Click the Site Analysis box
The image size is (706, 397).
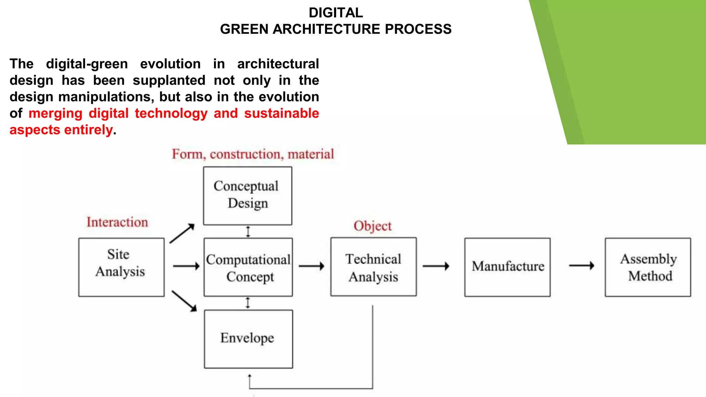[x=121, y=267]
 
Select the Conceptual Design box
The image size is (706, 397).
[x=247, y=196]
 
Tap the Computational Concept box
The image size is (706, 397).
[x=248, y=267]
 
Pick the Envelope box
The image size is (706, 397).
[x=248, y=339]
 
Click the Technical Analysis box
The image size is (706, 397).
[x=373, y=267]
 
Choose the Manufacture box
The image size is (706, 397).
[x=507, y=267]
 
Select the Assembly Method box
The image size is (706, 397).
[x=648, y=267]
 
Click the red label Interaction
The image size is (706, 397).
[x=117, y=222]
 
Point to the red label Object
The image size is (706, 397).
[x=372, y=226]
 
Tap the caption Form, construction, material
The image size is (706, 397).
[x=253, y=154]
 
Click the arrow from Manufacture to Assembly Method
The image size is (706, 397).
[x=582, y=265]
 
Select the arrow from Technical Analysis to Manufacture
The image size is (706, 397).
[x=436, y=266]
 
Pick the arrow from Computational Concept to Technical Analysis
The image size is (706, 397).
[x=311, y=266]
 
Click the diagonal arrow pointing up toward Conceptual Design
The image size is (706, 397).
[x=182, y=233]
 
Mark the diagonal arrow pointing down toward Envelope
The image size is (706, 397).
[x=184, y=301]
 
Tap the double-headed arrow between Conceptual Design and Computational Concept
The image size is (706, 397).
[x=248, y=232]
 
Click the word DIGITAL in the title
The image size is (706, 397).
[x=335, y=13]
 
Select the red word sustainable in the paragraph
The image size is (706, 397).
[x=281, y=113]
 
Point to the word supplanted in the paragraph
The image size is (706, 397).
[x=169, y=80]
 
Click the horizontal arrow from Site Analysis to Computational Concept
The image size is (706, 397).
[x=186, y=266]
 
